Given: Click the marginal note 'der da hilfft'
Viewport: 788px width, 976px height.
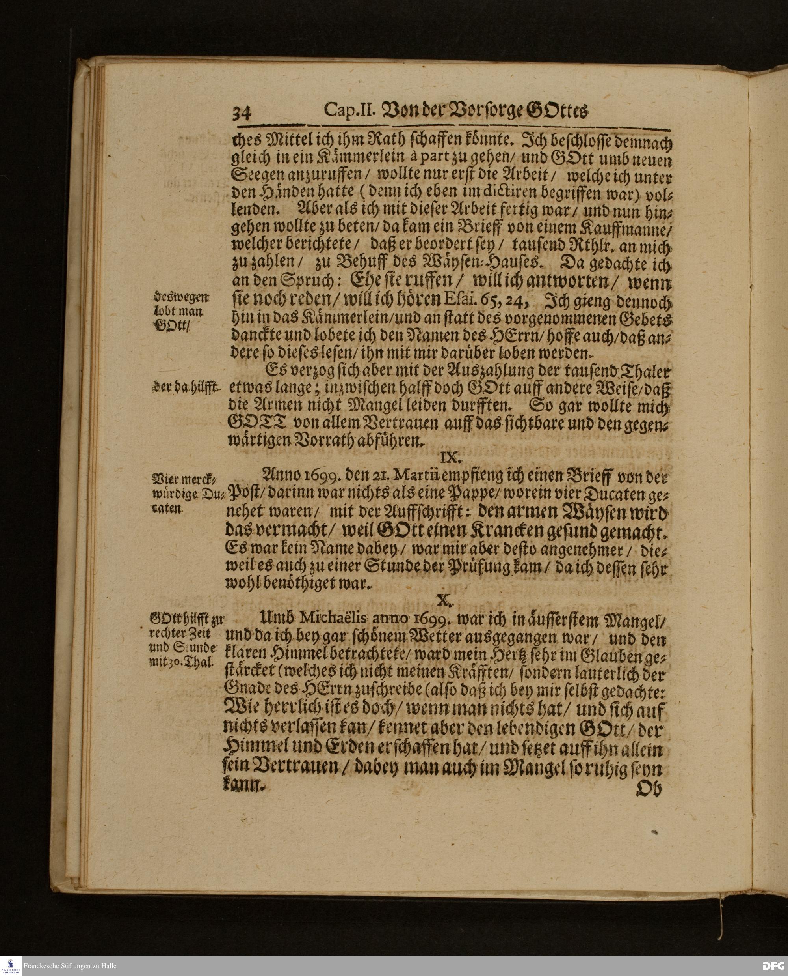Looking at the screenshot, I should point(185,387).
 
